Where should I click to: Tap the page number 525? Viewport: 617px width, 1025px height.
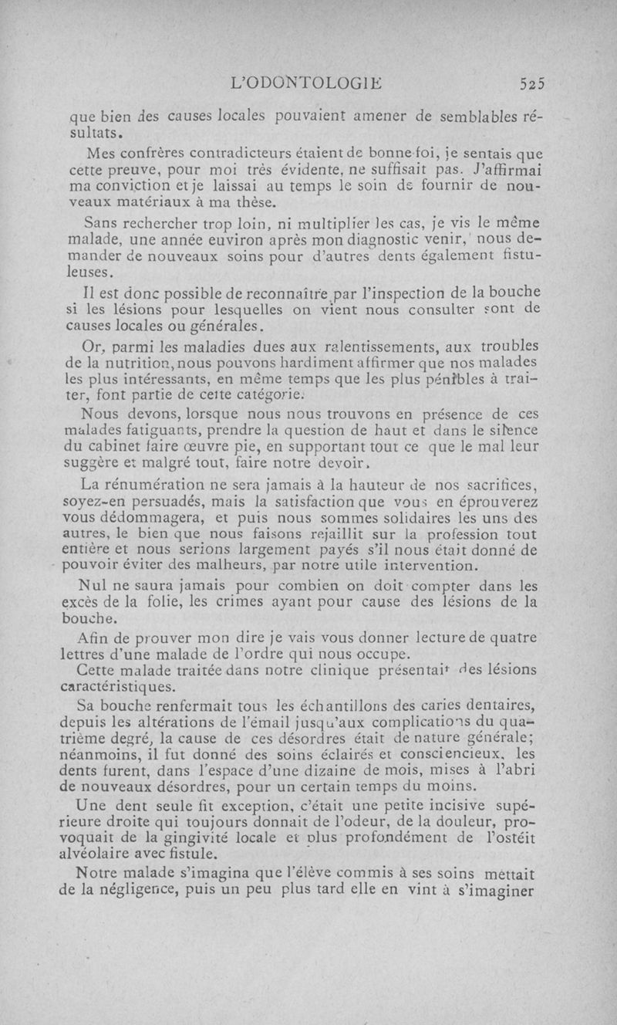coord(531,83)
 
